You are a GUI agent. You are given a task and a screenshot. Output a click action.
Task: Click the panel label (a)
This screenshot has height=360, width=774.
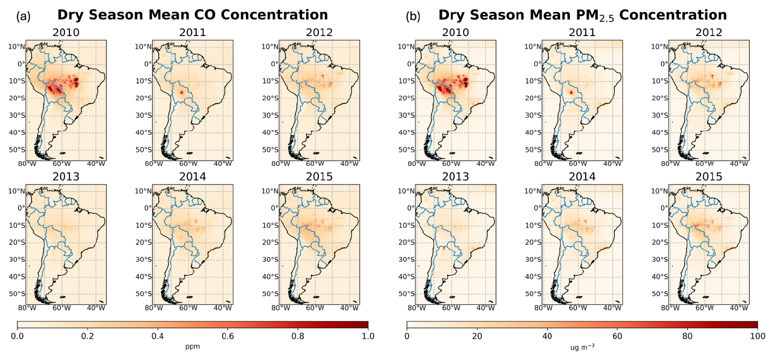click(23, 16)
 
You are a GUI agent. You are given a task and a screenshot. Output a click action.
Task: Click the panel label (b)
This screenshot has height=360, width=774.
click(413, 16)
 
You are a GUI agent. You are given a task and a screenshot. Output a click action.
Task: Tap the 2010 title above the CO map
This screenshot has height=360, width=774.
click(66, 33)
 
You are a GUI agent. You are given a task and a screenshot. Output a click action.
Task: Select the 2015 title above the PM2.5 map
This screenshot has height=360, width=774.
click(709, 177)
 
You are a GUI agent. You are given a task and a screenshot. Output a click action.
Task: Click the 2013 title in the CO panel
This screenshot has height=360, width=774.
click(66, 177)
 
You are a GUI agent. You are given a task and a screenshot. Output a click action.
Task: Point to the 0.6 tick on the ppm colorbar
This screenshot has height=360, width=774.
click(228, 336)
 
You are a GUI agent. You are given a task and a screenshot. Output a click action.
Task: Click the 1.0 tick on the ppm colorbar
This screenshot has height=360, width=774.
click(368, 336)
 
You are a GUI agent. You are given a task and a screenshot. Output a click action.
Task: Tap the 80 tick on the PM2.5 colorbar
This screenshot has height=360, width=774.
click(688, 336)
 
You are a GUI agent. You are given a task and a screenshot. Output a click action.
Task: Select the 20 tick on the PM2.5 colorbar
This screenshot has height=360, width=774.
click(477, 336)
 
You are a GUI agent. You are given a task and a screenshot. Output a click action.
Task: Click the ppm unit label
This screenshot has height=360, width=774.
click(192, 347)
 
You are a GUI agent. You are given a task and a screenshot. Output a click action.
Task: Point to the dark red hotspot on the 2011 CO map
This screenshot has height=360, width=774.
click(181, 92)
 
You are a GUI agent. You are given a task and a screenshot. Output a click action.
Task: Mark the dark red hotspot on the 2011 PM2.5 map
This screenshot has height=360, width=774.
click(571, 92)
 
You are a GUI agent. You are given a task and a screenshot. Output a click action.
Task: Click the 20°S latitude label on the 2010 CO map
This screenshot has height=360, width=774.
click(17, 98)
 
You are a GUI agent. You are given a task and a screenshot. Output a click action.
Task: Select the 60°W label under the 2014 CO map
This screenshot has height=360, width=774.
click(188, 308)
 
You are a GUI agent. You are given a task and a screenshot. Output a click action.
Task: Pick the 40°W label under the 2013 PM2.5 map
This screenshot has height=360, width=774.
click(486, 308)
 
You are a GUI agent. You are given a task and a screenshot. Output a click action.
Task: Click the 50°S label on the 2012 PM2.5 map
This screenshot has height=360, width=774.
click(660, 150)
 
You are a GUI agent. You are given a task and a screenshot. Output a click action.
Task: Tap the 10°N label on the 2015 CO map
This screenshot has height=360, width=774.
click(270, 191)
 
